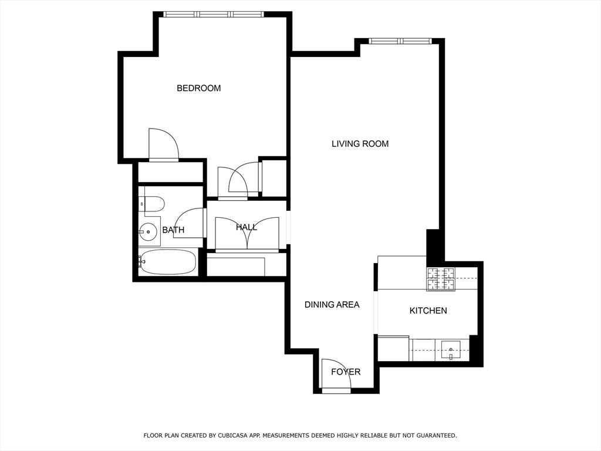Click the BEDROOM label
pyautogui.click(x=198, y=88)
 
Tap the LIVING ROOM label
pyautogui.click(x=360, y=144)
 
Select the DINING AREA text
pyautogui.click(x=332, y=305)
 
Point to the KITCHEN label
pyautogui.click(x=428, y=311)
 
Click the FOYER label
pyautogui.click(x=346, y=372)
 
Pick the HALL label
pyautogui.click(x=246, y=227)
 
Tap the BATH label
pyautogui.click(x=173, y=230)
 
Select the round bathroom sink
pyautogui.click(x=148, y=232)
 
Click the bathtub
pyautogui.click(x=168, y=262)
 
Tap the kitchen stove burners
pyautogui.click(x=440, y=279)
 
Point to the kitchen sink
pyautogui.click(x=451, y=352)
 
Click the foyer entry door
pyautogui.click(x=336, y=376)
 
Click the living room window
pyautogui.click(x=400, y=41)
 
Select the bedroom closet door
pyautogui.click(x=163, y=144)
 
